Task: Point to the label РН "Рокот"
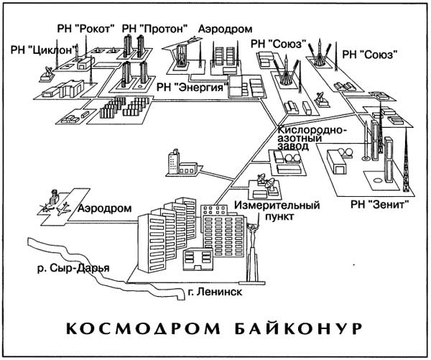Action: click(85, 28)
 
